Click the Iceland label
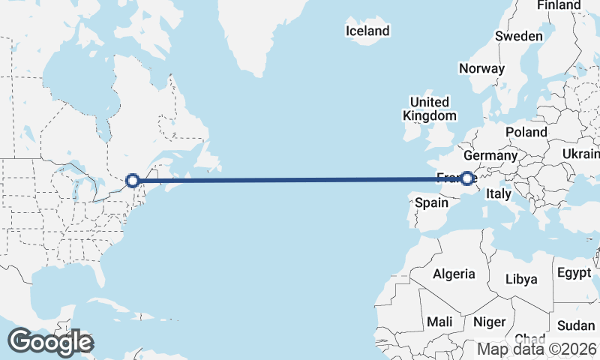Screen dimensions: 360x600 pos(367,31)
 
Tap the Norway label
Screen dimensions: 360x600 pos(481,68)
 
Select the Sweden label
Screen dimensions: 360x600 pos(518,37)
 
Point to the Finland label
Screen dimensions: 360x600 pos(559,5)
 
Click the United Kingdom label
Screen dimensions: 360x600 pos(429,109)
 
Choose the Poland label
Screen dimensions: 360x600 pos(526,132)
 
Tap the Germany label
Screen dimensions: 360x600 pos(490,155)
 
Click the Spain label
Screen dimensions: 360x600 pos(431,202)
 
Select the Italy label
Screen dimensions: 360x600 pos(499,193)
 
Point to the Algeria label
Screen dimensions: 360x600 pos(454,274)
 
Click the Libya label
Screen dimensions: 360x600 pos(521,279)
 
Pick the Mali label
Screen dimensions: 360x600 pos(439,322)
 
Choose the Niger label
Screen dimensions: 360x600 pos(488,322)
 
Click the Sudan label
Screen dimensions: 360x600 pos(576,325)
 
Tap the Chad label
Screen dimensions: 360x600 pos(530,338)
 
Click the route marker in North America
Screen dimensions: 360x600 pos(133,180)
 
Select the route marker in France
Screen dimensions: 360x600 pos(467,178)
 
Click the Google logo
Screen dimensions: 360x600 pos(50,342)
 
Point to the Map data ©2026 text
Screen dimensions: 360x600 pos(537,349)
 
